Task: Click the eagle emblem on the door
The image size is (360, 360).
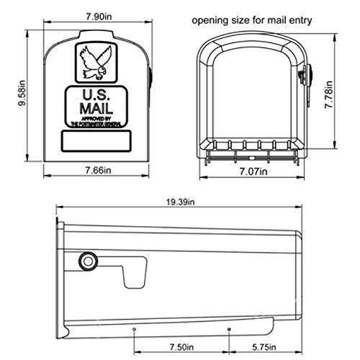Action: (x=96, y=61)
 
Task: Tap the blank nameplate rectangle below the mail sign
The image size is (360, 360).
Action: (x=96, y=140)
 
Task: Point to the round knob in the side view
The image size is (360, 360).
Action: (x=87, y=260)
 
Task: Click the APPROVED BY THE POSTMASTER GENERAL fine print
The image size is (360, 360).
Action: (x=96, y=120)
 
